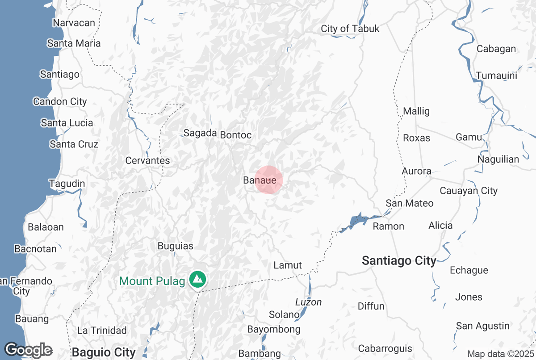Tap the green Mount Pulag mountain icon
click(197, 280)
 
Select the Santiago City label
click(399, 261)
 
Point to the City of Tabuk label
click(350, 29)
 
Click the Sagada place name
click(200, 133)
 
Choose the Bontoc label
click(236, 135)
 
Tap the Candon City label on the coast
click(60, 102)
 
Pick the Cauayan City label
click(469, 191)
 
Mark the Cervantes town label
click(148, 160)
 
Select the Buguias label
click(176, 246)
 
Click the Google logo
click(28, 350)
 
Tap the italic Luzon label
click(308, 302)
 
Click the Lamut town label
click(288, 265)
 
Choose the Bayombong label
click(274, 330)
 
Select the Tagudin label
click(67, 184)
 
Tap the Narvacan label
click(74, 23)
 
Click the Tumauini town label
click(496, 75)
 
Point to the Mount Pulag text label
click(152, 281)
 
